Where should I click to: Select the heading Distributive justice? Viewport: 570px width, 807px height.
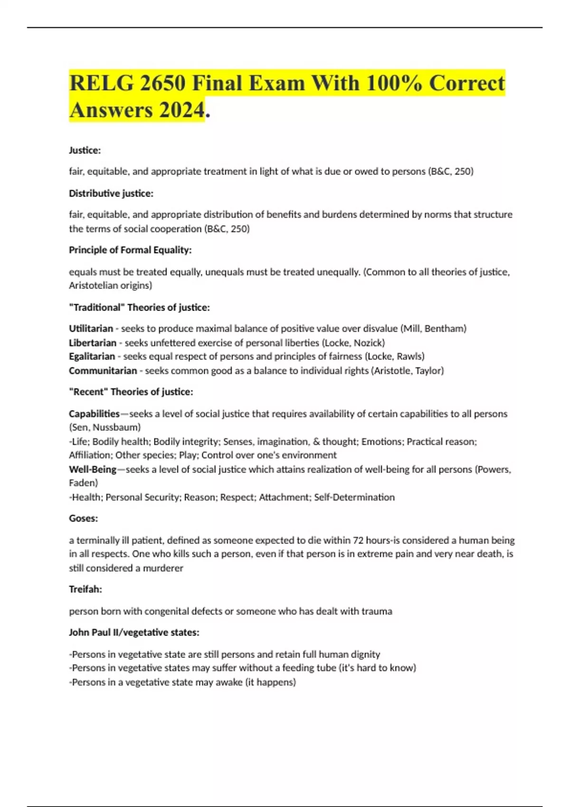(x=111, y=193)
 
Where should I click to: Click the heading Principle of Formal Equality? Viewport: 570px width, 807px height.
(x=130, y=250)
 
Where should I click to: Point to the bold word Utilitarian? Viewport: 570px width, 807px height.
(x=91, y=328)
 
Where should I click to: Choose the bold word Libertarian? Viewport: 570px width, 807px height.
(x=92, y=343)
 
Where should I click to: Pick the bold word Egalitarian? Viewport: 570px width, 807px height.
(x=92, y=356)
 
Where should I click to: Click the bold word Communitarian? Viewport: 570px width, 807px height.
(x=103, y=370)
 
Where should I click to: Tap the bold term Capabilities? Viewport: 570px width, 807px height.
(x=94, y=413)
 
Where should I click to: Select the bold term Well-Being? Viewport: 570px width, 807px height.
(x=92, y=469)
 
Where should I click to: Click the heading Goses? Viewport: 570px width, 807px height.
(x=83, y=518)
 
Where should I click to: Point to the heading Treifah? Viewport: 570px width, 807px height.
(x=85, y=589)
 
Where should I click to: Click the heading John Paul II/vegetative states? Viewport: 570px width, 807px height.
(x=134, y=632)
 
